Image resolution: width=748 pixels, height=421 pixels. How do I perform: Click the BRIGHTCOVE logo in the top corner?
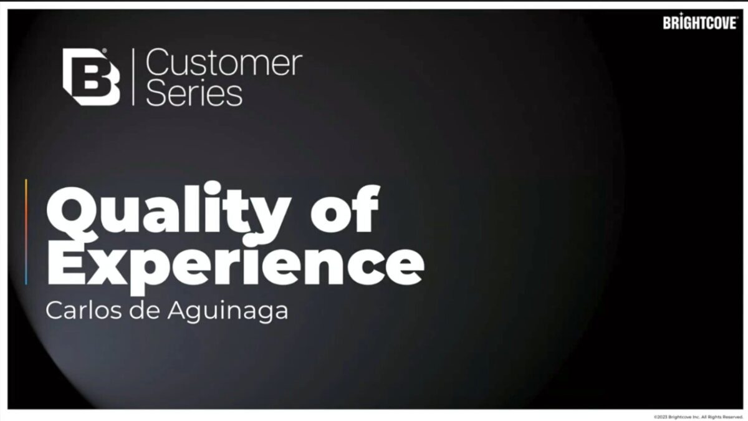pos(701,22)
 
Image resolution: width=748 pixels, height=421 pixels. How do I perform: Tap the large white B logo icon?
pos(91,77)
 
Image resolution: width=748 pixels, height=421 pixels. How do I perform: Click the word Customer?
pos(224,62)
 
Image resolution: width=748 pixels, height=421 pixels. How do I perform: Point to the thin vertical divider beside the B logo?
pos(133,77)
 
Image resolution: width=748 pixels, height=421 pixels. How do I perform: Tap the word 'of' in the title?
pos(345,208)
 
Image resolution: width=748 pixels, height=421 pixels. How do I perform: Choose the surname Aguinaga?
pos(228,312)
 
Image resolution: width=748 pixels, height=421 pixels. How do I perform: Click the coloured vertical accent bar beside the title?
pos(26,232)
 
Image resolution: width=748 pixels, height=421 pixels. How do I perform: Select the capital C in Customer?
pos(158,62)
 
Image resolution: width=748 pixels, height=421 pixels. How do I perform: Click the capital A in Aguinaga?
pos(180,311)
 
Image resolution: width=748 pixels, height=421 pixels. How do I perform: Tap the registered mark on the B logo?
pos(104,51)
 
